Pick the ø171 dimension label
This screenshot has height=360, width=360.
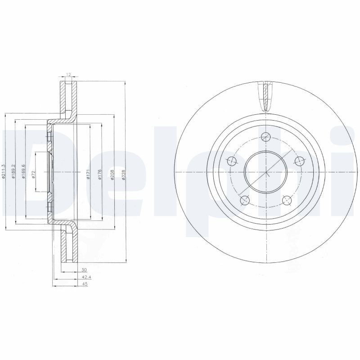click(89, 173)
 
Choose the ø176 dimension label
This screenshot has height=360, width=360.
click(100, 173)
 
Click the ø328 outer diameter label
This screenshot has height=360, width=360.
click(124, 173)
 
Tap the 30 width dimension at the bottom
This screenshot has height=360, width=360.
click(84, 270)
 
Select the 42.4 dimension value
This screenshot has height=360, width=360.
click(84, 277)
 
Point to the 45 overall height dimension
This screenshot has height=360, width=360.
click(84, 284)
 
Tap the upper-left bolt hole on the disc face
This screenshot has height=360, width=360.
click(232, 161)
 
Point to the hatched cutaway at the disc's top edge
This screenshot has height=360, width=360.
click(266, 96)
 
